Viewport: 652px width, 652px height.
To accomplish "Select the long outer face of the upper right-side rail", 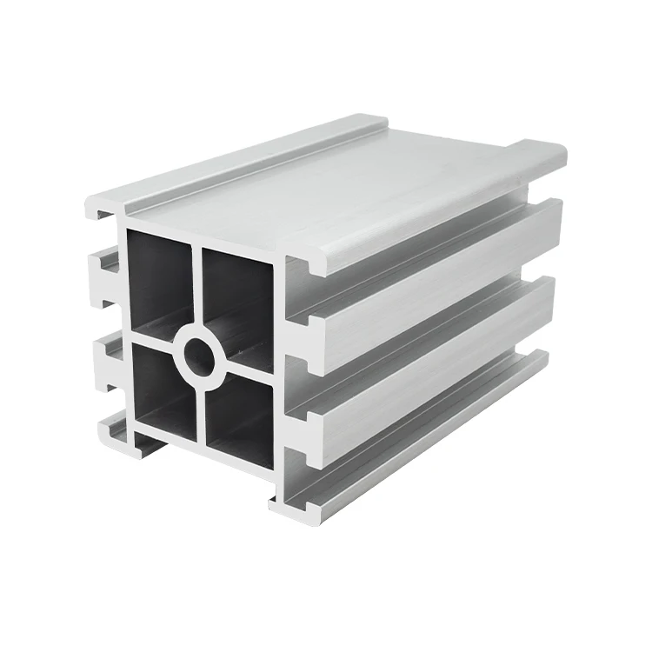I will click(x=435, y=278).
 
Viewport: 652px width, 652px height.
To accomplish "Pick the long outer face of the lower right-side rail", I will click(x=435, y=365).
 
